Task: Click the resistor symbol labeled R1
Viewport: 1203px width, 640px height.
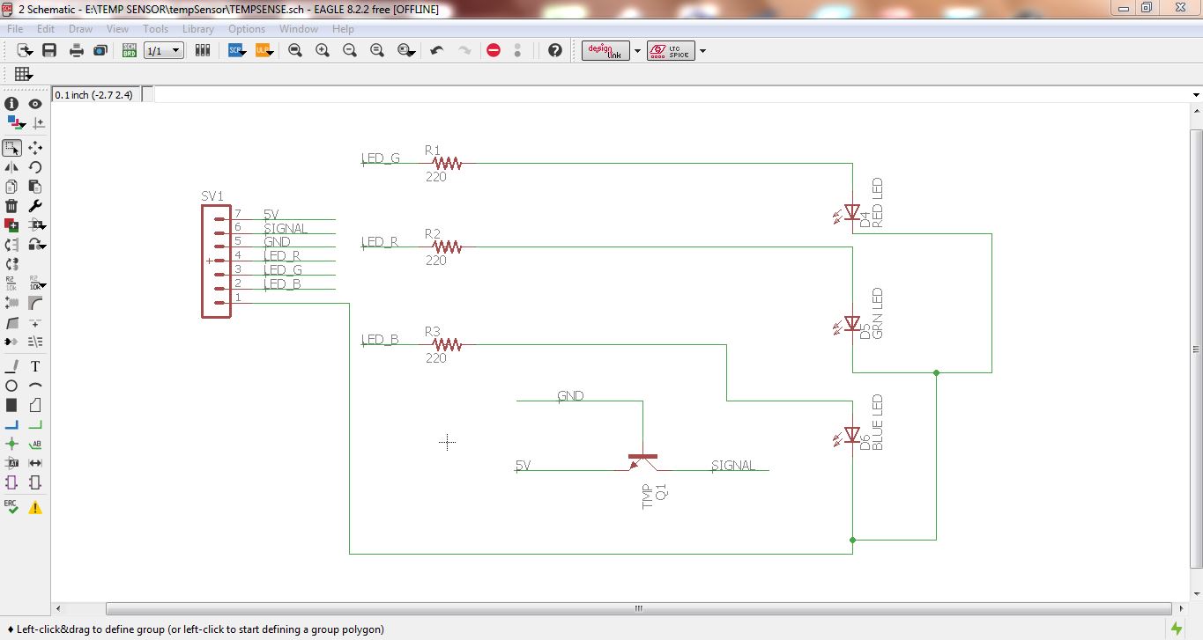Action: click(447, 163)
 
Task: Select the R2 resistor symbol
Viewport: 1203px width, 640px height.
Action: click(447, 247)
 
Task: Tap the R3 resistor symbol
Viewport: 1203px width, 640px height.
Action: click(447, 344)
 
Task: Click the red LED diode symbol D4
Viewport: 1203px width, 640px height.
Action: click(851, 212)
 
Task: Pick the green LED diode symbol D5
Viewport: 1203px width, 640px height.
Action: click(851, 324)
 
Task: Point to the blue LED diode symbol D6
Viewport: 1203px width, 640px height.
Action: click(851, 435)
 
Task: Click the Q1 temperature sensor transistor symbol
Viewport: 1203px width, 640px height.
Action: click(643, 462)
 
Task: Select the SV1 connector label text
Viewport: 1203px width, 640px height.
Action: click(212, 196)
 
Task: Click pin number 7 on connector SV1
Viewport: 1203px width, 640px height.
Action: click(238, 214)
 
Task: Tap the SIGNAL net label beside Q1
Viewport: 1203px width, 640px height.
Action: click(733, 465)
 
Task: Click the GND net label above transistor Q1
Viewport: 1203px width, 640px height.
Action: click(570, 396)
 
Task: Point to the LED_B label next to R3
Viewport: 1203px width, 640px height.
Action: click(381, 340)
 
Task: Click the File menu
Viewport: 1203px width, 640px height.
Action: click(15, 29)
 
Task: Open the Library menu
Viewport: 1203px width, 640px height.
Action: click(197, 29)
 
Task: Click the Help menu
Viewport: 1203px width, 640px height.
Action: click(343, 29)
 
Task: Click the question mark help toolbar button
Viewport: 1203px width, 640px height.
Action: click(554, 50)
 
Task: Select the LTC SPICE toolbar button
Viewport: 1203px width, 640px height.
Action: click(670, 50)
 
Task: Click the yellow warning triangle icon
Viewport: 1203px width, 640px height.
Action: click(35, 508)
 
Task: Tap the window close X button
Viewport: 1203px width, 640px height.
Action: click(1180, 8)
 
